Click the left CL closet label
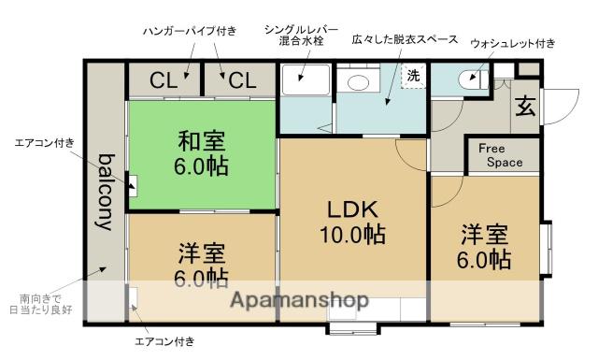point(164,81)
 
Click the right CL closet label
point(243,81)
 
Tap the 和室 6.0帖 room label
point(202,153)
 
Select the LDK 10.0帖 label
point(353,222)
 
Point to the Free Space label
point(501,155)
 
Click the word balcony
point(106,192)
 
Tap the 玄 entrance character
point(525,106)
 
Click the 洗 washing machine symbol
point(413,75)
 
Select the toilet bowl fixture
point(474,79)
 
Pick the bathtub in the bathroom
point(306,79)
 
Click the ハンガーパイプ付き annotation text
point(190,31)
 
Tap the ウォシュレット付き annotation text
point(513,43)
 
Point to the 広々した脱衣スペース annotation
point(405,39)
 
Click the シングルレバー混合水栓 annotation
point(301,36)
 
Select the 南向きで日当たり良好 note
point(40,304)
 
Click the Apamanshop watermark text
point(299,299)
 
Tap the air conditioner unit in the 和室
point(133,186)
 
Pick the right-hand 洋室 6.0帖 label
point(484,246)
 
